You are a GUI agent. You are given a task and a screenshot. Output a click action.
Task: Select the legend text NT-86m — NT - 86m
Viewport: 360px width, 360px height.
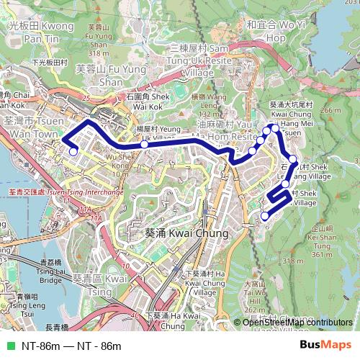[71, 346]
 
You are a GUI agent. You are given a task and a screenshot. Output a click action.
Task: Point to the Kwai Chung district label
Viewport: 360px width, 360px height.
[176, 233]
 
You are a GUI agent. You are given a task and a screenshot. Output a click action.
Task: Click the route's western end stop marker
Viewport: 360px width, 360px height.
[73, 151]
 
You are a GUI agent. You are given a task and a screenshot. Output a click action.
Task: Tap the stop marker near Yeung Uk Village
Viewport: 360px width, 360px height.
[144, 144]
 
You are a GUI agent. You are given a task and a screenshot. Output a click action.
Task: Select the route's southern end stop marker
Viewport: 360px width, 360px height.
[265, 215]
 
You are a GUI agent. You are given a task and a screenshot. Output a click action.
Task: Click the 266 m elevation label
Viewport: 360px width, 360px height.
[331, 110]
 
